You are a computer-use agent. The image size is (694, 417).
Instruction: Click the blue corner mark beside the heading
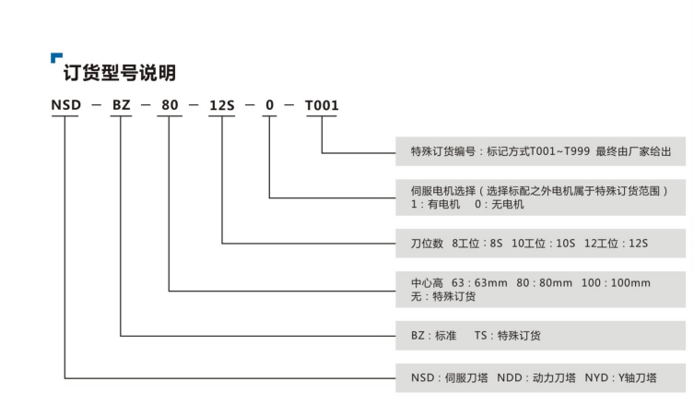click(55, 56)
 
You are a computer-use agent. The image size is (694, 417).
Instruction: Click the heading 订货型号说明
click(120, 73)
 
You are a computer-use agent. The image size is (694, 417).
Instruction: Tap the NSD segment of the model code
click(66, 105)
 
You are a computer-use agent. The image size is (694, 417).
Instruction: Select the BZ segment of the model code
click(122, 105)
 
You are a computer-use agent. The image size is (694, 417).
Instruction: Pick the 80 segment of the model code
click(170, 105)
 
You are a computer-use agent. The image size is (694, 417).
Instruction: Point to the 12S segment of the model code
click(222, 105)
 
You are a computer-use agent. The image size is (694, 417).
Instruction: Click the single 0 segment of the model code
click(269, 105)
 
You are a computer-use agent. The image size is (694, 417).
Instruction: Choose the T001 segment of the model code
click(322, 105)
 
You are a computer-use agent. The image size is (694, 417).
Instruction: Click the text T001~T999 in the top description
click(559, 151)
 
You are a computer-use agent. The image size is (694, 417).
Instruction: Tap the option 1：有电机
click(436, 204)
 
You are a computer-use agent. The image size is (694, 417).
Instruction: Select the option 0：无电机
click(500, 204)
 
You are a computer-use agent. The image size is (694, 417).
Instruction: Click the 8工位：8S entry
click(477, 244)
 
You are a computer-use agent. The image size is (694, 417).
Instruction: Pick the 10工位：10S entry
click(544, 244)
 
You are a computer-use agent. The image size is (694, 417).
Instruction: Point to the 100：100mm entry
click(616, 282)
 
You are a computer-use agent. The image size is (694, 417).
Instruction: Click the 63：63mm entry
click(479, 282)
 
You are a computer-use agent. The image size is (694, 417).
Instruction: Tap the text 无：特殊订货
click(443, 296)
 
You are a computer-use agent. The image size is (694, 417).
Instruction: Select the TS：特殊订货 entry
click(507, 336)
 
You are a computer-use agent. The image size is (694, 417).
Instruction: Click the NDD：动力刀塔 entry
click(536, 378)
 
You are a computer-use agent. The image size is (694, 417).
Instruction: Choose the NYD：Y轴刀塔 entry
click(620, 378)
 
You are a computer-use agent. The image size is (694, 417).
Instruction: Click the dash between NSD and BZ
click(96, 105)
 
